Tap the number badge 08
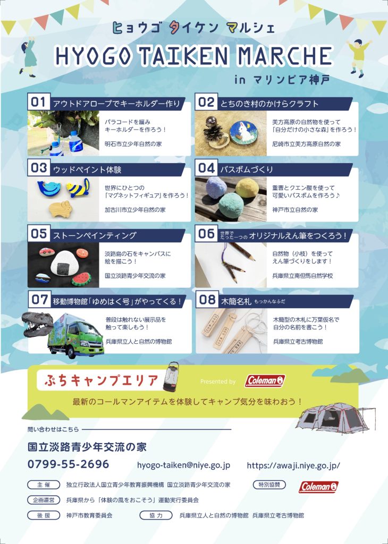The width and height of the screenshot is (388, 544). click(x=207, y=300)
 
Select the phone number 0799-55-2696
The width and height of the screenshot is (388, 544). click(x=69, y=464)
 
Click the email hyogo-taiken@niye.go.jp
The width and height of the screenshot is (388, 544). click(x=183, y=465)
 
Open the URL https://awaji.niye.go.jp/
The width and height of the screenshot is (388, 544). click(x=293, y=465)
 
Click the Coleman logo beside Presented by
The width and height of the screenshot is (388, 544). click(x=265, y=381)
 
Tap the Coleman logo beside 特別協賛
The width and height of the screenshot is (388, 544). click(x=318, y=487)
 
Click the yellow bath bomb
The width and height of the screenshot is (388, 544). click(x=247, y=188)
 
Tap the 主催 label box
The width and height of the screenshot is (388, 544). click(x=44, y=484)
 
